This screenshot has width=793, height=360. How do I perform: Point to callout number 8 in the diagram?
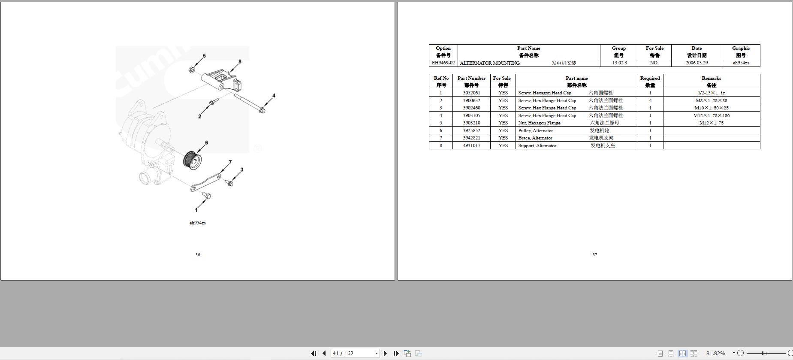(x=240, y=61)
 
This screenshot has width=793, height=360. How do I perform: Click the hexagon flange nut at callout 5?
(x=192, y=70)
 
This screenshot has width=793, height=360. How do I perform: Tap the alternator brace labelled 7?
(x=206, y=182)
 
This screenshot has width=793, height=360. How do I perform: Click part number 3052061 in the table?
(x=471, y=93)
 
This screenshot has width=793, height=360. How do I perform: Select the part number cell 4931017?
(x=471, y=145)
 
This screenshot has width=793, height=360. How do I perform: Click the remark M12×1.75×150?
(x=711, y=115)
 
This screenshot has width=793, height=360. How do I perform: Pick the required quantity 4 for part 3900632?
(x=650, y=100)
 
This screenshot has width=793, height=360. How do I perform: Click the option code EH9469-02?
(x=443, y=63)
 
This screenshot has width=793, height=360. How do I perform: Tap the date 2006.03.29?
(x=697, y=63)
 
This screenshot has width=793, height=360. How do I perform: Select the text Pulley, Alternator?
(x=535, y=130)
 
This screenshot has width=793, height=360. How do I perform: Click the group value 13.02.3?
(x=619, y=63)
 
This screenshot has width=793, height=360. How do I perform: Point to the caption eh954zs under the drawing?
(x=198, y=223)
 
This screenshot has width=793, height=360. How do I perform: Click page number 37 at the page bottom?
(x=594, y=254)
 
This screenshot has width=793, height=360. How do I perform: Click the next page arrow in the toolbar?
(x=385, y=353)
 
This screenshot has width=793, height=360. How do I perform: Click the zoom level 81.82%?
(x=715, y=353)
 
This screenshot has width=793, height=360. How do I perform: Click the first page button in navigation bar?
(x=314, y=353)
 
